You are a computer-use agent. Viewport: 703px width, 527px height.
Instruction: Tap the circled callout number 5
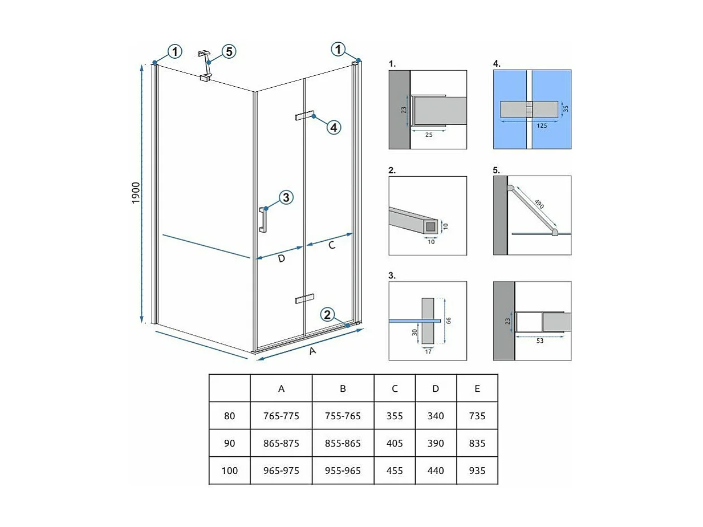tap(228, 51)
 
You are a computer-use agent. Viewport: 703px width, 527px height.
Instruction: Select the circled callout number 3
tap(286, 197)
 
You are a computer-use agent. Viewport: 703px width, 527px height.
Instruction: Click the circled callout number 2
tap(327, 314)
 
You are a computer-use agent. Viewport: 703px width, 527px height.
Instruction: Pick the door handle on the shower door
tap(263, 220)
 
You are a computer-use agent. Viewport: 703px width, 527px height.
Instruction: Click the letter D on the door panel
tap(281, 260)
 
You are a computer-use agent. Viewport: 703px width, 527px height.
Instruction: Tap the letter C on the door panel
tap(331, 245)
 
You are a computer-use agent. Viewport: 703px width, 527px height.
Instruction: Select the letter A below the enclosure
tap(312, 351)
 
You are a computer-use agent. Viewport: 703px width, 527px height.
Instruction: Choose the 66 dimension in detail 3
tap(448, 320)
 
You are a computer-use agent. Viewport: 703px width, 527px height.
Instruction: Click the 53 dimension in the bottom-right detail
tap(539, 341)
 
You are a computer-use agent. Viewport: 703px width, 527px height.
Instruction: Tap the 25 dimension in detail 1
tap(429, 135)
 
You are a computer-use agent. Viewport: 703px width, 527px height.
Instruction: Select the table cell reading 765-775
tap(282, 416)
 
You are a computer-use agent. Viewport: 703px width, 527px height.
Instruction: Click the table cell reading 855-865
tap(343, 443)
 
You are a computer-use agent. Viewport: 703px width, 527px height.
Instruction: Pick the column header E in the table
tap(477, 389)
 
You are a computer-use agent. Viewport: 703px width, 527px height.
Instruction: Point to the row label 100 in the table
tap(229, 471)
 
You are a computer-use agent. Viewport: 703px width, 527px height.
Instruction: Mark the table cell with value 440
tap(436, 471)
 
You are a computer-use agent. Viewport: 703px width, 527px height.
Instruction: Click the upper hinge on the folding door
tap(305, 116)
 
